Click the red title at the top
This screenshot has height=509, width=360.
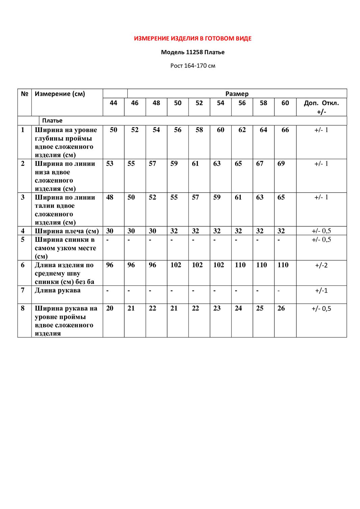click(x=192, y=39)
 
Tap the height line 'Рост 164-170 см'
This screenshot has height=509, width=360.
click(x=192, y=66)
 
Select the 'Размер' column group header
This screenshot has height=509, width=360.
click(x=237, y=94)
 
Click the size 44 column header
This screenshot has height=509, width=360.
click(x=113, y=103)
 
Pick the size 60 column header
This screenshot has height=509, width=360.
click(x=285, y=103)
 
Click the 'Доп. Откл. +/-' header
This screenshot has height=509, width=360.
click(x=321, y=107)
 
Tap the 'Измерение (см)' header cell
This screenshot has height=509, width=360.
click(x=60, y=94)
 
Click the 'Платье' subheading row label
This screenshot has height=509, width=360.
click(x=52, y=121)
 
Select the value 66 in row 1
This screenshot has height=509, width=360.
click(x=285, y=130)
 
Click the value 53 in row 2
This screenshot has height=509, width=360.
click(x=110, y=164)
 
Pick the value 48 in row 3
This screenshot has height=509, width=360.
click(x=110, y=198)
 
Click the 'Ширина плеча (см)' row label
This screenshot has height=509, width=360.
click(x=67, y=231)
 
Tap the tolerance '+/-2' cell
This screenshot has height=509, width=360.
click(x=322, y=265)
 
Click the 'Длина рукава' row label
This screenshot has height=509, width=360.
click(x=58, y=290)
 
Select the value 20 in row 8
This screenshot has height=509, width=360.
click(x=110, y=308)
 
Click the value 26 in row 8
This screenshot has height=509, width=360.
click(x=281, y=308)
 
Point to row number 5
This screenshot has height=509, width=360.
click(x=23, y=240)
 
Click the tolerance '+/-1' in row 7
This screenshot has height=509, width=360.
click(x=322, y=290)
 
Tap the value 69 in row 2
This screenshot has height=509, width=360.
click(x=281, y=164)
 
